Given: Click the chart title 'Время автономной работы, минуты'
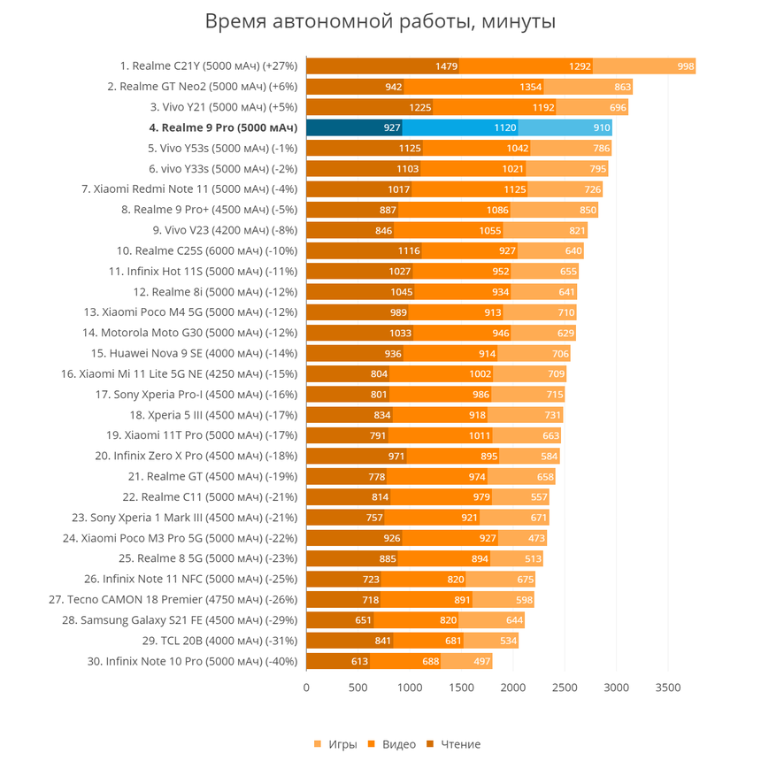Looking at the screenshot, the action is [x=380, y=21].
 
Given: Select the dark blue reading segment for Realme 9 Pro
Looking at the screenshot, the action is [x=354, y=127].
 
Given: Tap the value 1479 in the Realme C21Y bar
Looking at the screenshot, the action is [x=446, y=66].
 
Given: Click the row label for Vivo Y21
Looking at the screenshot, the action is [x=224, y=107].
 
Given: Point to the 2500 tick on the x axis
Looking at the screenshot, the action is [x=565, y=688].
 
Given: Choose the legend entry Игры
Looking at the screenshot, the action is [x=336, y=744].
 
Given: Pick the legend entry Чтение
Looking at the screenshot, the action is [x=453, y=744].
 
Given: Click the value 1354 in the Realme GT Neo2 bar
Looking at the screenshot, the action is [x=530, y=87].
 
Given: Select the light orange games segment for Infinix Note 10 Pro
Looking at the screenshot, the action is [x=466, y=661].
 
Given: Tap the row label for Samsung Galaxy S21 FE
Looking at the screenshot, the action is [x=180, y=619].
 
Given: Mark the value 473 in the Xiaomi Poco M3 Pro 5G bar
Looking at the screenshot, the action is [x=536, y=538].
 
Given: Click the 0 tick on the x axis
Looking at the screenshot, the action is [x=306, y=688].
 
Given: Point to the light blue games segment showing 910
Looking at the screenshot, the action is [x=565, y=127].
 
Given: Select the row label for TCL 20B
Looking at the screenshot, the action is [x=219, y=641].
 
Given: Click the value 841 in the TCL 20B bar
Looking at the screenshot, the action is [x=383, y=641].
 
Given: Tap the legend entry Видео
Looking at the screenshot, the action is [x=392, y=744].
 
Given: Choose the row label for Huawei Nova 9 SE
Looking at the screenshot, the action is [x=194, y=353].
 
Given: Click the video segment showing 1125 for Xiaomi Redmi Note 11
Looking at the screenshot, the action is [x=470, y=189].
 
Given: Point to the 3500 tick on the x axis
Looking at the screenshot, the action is [x=668, y=688].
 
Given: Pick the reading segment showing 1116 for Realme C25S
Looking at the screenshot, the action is [x=364, y=251].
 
